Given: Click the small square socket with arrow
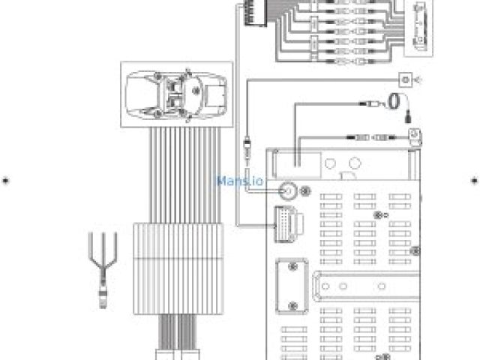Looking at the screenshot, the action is point(406,77).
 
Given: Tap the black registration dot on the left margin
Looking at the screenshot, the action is point(6,180).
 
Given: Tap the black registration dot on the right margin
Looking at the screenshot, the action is point(474,180).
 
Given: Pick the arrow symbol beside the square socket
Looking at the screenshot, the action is point(418,77).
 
